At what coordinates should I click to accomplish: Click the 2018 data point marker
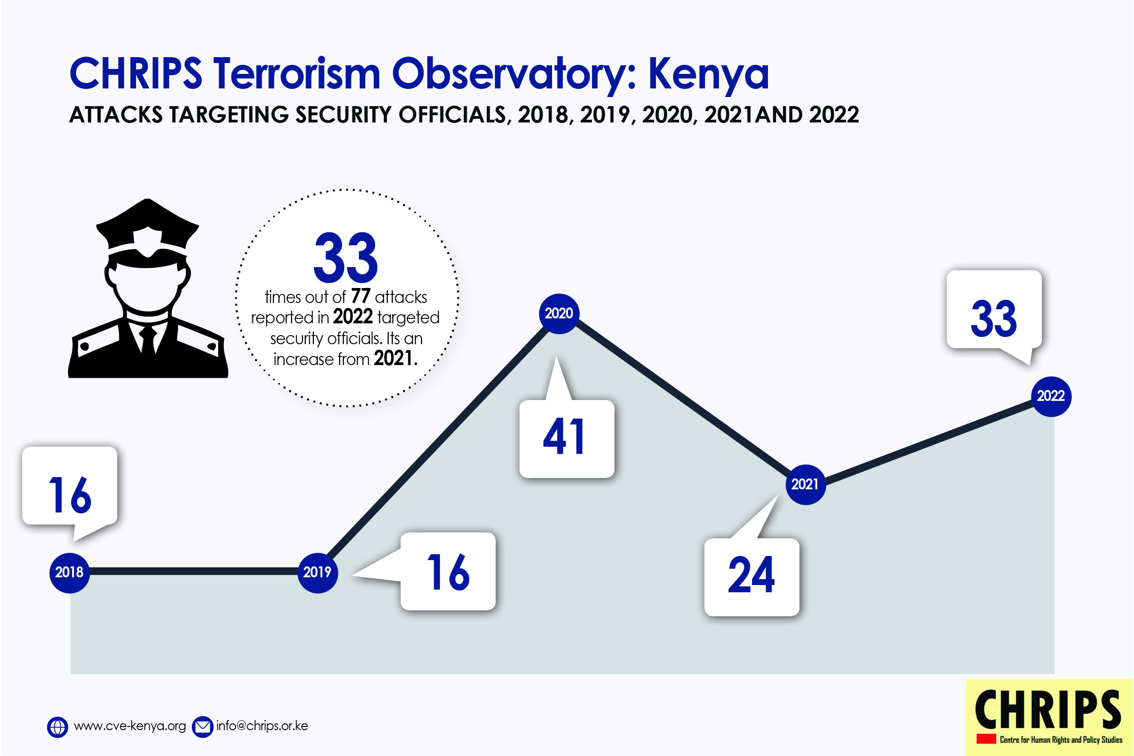pyautogui.click(x=69, y=573)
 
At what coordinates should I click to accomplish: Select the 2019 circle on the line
pyautogui.click(x=318, y=573)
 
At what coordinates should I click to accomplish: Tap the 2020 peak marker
pyautogui.click(x=559, y=314)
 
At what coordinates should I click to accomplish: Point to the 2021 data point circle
pyautogui.click(x=805, y=484)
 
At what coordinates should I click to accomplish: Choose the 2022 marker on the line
pyautogui.click(x=1051, y=396)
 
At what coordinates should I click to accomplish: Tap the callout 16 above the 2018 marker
pyautogui.click(x=70, y=486)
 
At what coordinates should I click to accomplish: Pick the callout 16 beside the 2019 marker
pyautogui.click(x=448, y=571)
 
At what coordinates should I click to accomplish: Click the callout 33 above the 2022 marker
pyautogui.click(x=994, y=309)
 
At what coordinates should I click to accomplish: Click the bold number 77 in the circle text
pyautogui.click(x=361, y=296)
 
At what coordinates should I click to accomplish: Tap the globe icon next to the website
pyautogui.click(x=57, y=727)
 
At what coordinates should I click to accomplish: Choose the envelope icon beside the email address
pyautogui.click(x=202, y=727)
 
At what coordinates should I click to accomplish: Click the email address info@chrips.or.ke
pyautogui.click(x=262, y=726)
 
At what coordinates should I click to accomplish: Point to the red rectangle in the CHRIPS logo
pyautogui.click(x=987, y=739)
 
